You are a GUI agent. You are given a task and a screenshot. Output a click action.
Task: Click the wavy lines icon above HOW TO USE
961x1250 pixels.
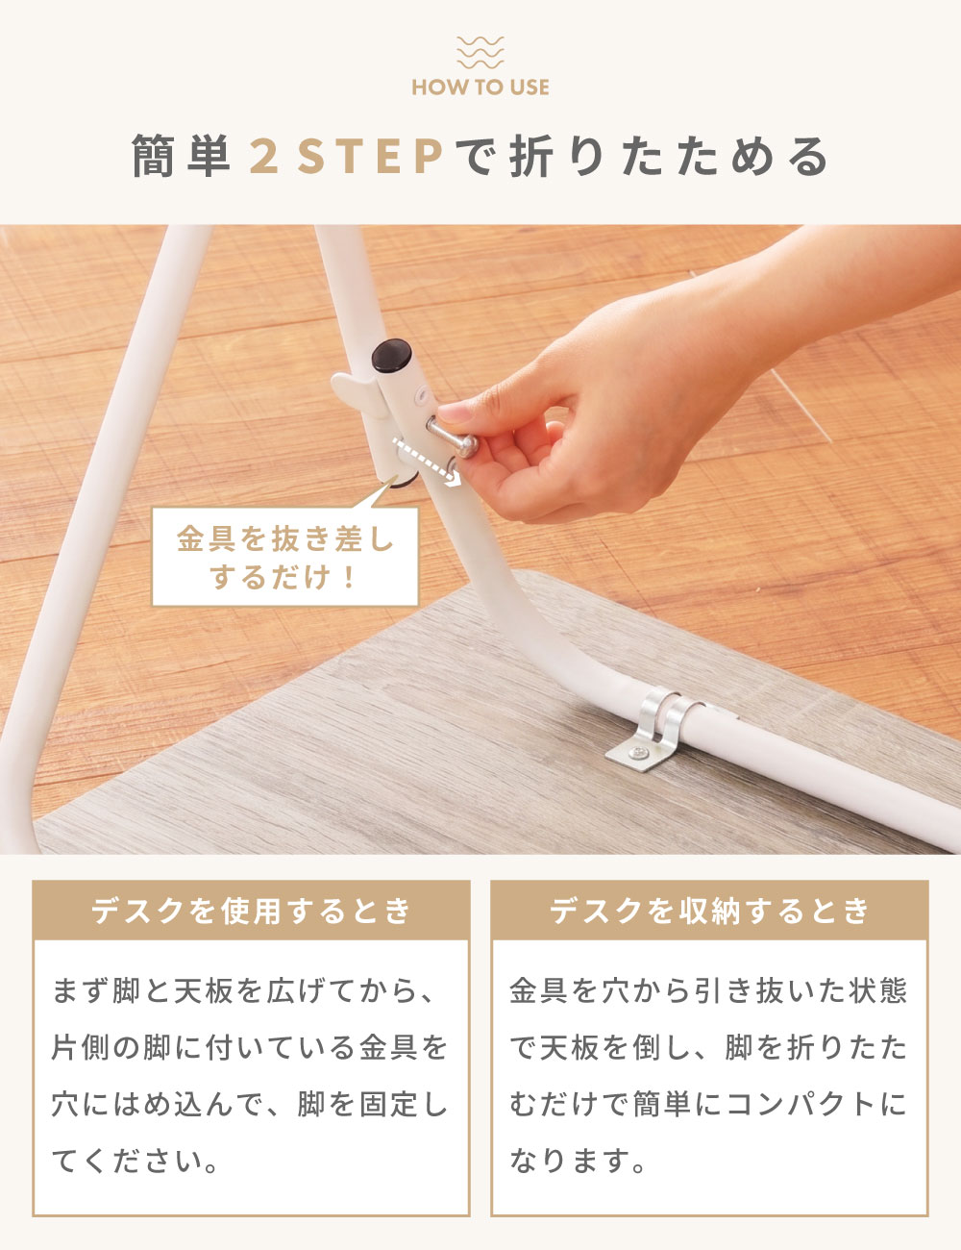tap(480, 52)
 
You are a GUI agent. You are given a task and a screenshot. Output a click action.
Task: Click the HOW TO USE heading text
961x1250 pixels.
tap(480, 87)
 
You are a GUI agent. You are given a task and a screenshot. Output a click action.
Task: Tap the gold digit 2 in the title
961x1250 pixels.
tap(264, 157)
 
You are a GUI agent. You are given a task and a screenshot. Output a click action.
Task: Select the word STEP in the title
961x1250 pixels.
tap(371, 157)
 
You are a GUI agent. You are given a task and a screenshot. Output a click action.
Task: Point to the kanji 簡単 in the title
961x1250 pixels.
tap(181, 156)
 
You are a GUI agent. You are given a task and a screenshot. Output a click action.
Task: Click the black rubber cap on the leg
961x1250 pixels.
tap(391, 355)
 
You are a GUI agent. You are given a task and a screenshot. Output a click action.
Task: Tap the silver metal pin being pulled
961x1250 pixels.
tap(453, 437)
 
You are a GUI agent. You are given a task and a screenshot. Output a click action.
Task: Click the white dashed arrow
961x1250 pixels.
tap(427, 462)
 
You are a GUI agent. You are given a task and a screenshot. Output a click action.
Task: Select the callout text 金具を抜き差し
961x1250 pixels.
tap(285, 539)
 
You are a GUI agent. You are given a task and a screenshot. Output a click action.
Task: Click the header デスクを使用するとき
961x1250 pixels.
tap(251, 911)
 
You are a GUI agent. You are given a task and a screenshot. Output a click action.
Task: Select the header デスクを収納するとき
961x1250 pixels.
tap(709, 911)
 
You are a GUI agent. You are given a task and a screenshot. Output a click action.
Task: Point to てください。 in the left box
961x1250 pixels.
tap(136, 1161)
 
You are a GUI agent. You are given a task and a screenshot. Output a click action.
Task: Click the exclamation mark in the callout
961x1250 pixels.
tap(347, 577)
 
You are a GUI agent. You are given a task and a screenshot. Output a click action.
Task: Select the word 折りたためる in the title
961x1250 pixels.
tap(670, 157)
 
